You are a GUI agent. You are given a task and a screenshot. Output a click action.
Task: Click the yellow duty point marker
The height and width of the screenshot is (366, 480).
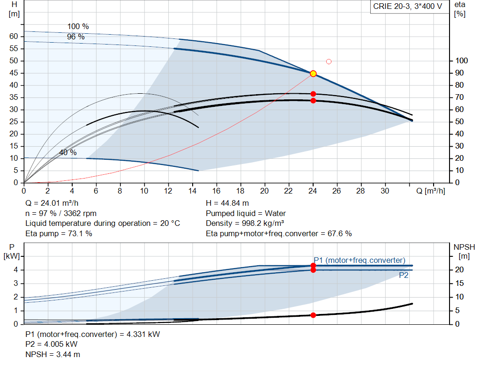point(313,74)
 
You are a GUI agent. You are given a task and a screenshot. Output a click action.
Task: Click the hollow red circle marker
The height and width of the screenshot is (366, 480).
point(329,61)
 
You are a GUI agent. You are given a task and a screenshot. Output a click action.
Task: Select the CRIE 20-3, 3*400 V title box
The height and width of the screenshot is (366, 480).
point(407,7)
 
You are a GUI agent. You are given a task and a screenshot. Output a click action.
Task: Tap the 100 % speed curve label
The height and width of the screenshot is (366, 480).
point(78,27)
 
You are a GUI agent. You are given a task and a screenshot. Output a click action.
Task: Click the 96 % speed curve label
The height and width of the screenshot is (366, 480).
point(75,37)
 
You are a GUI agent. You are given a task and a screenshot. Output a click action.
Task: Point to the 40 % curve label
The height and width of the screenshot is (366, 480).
point(67,153)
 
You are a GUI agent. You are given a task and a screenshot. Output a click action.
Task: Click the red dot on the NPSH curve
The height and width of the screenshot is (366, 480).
point(313,315)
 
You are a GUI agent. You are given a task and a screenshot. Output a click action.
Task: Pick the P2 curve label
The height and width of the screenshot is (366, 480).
point(404,276)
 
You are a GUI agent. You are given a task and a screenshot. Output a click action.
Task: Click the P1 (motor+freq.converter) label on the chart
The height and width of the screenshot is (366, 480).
point(360,261)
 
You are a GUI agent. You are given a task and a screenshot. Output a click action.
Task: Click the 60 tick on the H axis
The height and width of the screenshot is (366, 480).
point(14,37)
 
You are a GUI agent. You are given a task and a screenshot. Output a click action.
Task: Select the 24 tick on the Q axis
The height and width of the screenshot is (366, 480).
point(313,191)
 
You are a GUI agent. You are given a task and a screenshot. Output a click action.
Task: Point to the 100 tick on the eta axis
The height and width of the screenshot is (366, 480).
point(462,61)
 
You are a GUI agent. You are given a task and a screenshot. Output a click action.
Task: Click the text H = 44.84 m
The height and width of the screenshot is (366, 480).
point(227,203)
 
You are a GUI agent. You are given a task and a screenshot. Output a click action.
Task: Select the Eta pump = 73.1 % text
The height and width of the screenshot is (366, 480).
point(59,233)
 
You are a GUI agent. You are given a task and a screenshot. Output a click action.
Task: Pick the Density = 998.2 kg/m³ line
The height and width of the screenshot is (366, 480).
point(245,223)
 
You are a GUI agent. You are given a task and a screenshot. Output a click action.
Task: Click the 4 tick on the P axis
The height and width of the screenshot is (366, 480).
point(15,270)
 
